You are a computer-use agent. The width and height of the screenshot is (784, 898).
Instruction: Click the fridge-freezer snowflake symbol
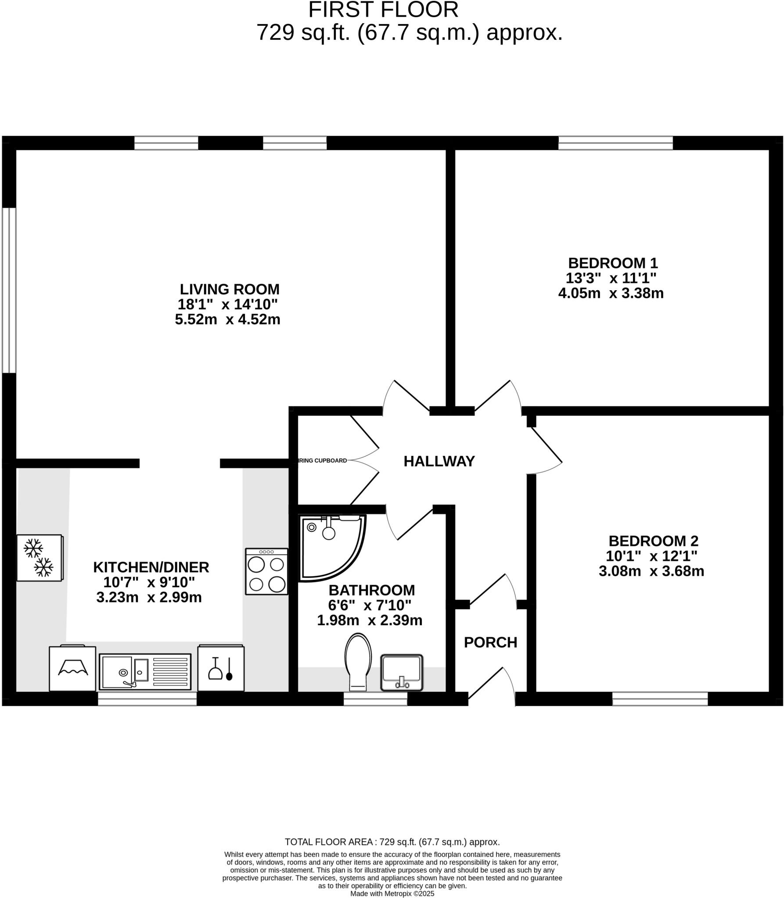coord(39,557)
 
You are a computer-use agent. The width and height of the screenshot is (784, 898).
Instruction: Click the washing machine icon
coord(72,669)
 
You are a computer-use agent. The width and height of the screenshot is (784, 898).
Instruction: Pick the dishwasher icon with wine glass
coord(221,668)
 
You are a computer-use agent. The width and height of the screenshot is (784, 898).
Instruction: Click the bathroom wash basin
coord(401,672)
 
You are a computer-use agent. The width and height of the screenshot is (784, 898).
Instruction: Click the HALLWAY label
coord(439,461)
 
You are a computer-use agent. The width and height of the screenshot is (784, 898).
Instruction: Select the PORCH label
coord(490,642)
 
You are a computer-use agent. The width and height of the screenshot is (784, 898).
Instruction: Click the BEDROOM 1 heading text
coord(613,263)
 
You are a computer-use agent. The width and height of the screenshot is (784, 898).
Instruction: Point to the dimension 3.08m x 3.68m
coord(651,571)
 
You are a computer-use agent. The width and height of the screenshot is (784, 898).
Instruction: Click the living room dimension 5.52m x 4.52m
coord(227,319)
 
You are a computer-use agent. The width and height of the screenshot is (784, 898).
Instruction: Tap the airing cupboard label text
coord(323,461)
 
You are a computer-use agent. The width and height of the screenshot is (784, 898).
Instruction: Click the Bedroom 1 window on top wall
coord(615,143)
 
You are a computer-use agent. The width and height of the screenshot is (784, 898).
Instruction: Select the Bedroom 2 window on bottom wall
coord(660,698)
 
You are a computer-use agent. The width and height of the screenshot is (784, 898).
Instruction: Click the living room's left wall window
coord(9,290)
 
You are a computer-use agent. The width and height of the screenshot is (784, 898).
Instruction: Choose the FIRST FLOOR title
coord(383,10)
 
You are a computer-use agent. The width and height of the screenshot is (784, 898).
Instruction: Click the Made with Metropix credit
coord(392,893)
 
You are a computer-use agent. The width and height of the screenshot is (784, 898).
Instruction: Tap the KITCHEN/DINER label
coord(151,567)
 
